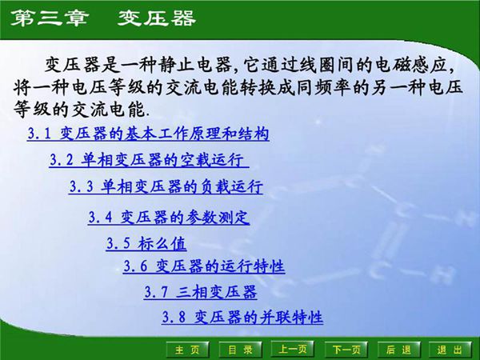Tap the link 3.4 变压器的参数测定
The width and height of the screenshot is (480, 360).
(x=169, y=217)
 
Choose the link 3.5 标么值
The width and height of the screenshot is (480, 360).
(x=146, y=243)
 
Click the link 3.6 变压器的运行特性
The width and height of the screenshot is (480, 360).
(x=204, y=266)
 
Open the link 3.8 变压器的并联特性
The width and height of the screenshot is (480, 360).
(x=242, y=318)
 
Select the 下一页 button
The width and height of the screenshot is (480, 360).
(x=346, y=350)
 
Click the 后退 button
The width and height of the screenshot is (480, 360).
(x=398, y=350)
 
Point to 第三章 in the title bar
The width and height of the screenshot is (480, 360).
(x=47, y=18)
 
